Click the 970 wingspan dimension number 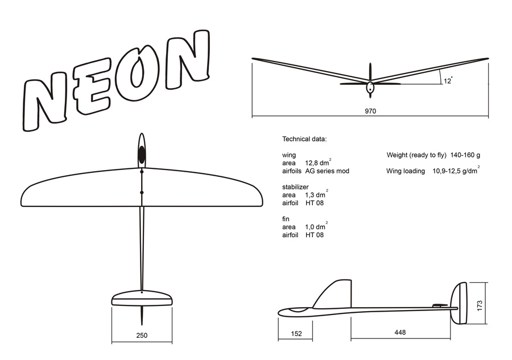coord(370,111)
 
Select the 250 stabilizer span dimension coord(142,335)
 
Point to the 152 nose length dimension coord(295,333)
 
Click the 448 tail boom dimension coord(400,333)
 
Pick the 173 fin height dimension coord(480,305)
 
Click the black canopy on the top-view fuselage coord(142,154)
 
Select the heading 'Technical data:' coord(304,139)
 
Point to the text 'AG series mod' coord(327,171)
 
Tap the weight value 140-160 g coord(466,155)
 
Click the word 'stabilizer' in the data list coord(295,187)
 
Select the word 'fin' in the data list coord(286,218)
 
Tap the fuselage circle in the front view coord(370,88)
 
